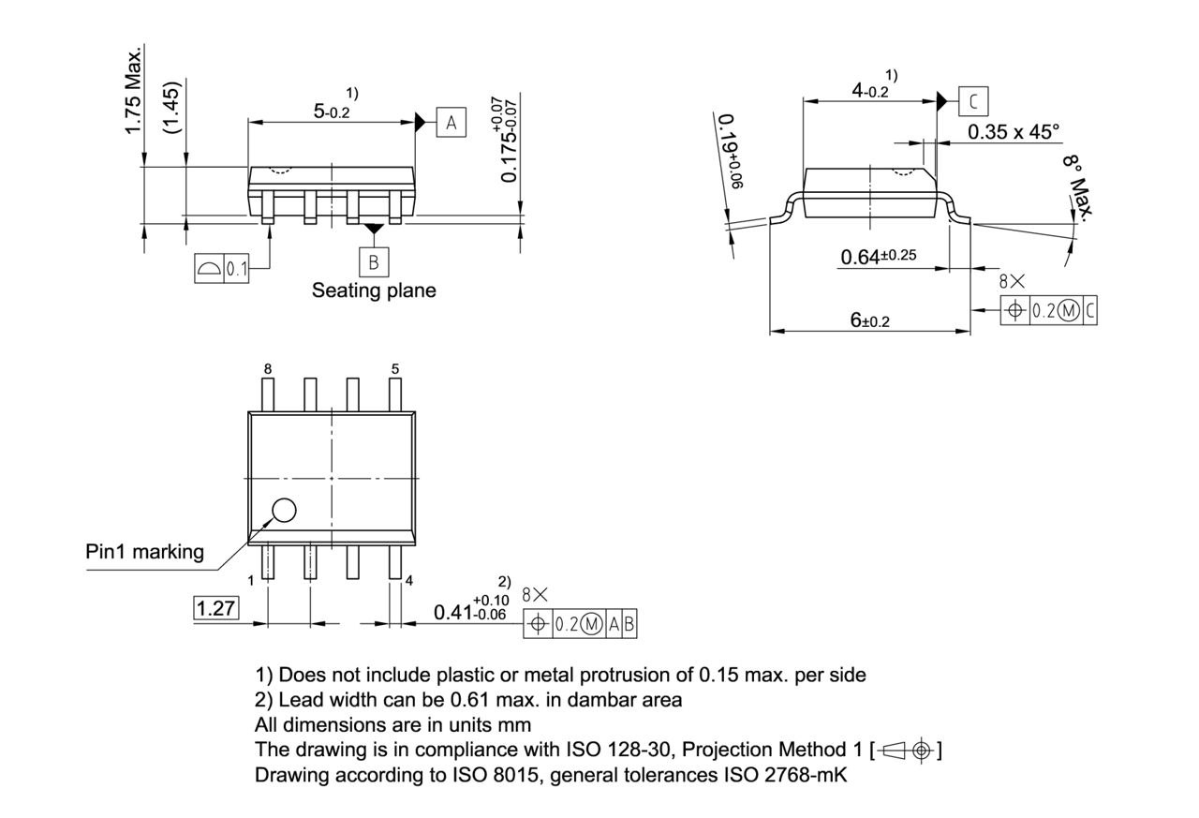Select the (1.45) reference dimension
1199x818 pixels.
[172, 106]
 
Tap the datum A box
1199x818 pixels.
[451, 123]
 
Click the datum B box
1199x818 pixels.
[374, 261]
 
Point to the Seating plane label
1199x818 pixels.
[374, 290]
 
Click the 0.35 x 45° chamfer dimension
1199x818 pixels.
[1014, 131]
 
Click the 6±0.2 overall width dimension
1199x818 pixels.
[869, 320]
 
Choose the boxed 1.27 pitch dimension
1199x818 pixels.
[216, 609]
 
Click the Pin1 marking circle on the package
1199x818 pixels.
[283, 511]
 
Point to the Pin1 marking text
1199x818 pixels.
[144, 552]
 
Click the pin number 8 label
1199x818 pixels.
[268, 369]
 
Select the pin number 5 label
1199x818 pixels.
[395, 369]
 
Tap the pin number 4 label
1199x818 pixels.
[408, 581]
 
